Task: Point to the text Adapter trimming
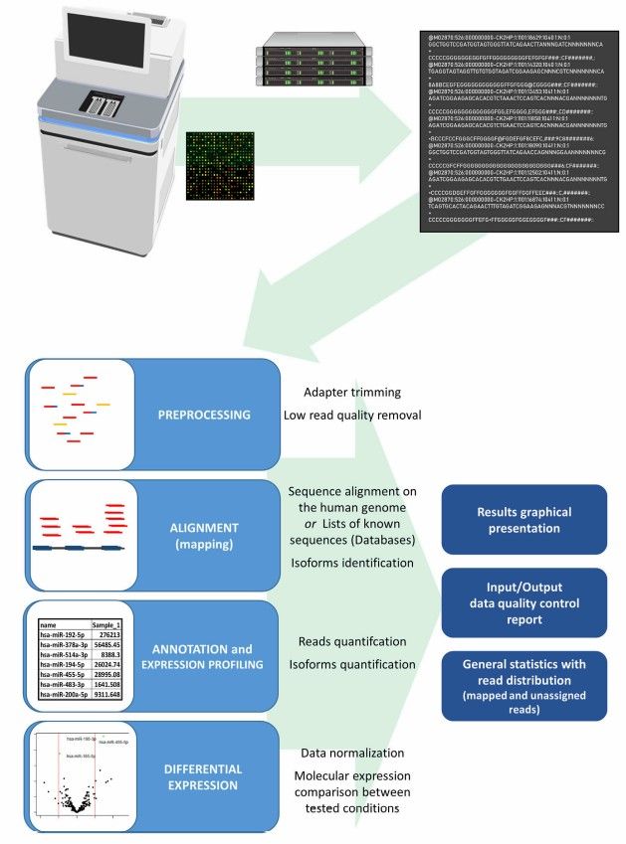coord(337,393)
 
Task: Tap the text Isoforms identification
coord(350,563)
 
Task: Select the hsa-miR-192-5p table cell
coord(64,630)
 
